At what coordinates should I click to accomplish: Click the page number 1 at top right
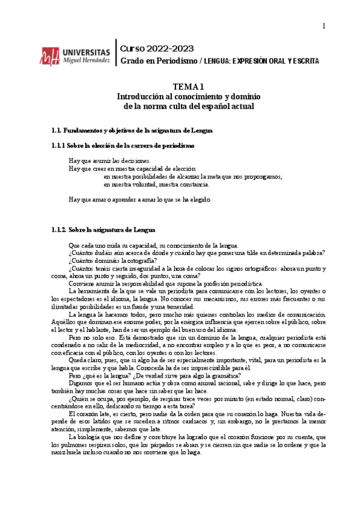click(x=323, y=26)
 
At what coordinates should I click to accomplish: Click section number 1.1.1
click(x=58, y=146)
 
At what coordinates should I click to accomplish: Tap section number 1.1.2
click(x=59, y=230)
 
